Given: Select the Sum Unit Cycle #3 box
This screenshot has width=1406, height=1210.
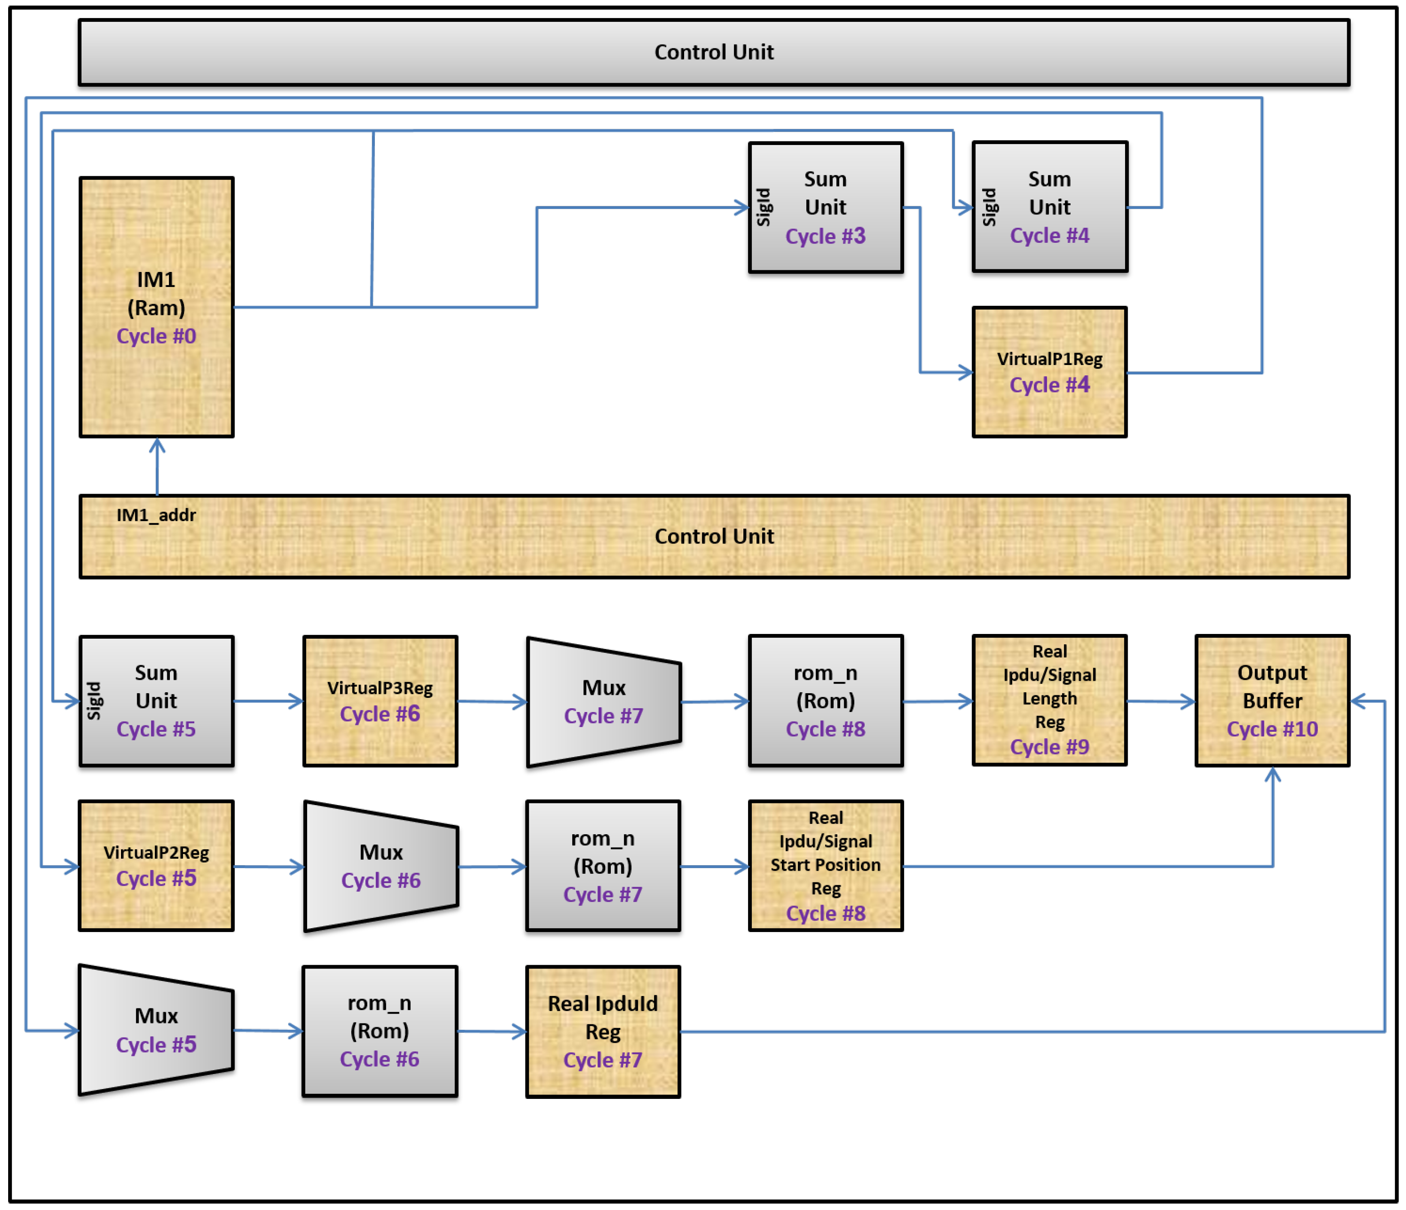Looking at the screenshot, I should point(826,207).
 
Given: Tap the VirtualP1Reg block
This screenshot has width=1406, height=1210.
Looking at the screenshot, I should point(1049,372).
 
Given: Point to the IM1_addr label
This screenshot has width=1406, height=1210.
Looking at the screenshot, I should point(156,515).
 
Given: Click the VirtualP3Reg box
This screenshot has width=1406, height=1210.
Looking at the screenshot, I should point(380,700).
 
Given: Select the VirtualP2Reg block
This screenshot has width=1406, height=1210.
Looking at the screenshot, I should point(156,865).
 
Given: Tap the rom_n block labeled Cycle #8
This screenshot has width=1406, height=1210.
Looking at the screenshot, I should point(826,700).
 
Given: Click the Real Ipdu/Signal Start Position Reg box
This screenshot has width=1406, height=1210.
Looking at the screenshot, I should point(826,865).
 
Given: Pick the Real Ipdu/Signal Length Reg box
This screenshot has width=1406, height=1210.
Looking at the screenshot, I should point(1049,700).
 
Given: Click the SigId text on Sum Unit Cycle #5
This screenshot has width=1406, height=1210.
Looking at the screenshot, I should point(94,700).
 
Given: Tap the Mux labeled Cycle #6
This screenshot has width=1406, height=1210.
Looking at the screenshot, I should point(381,866).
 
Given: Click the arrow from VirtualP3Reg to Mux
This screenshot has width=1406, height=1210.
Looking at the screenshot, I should point(492,701).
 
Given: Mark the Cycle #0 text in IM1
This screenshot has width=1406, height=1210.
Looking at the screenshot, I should point(156,336).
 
